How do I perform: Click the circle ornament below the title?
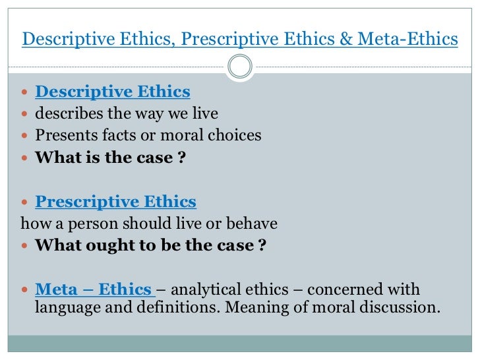240,65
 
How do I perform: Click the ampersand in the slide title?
347,40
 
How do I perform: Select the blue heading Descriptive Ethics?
112,92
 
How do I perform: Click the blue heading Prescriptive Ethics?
115,202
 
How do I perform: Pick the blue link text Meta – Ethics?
93,289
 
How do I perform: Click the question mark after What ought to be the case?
262,245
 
